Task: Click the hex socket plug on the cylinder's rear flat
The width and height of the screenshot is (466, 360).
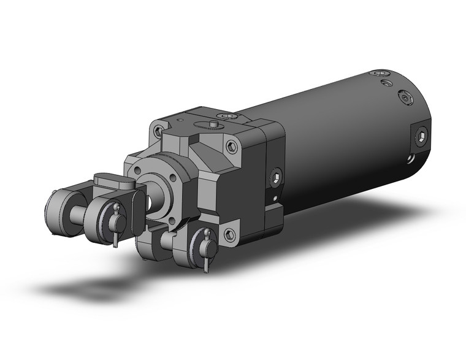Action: point(422,138)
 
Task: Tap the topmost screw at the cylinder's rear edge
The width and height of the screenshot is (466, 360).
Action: point(376,73)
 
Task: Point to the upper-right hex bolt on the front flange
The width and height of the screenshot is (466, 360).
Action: point(231,146)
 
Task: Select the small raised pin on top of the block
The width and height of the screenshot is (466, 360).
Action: point(212,124)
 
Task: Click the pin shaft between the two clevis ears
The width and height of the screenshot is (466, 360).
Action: point(77,215)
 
